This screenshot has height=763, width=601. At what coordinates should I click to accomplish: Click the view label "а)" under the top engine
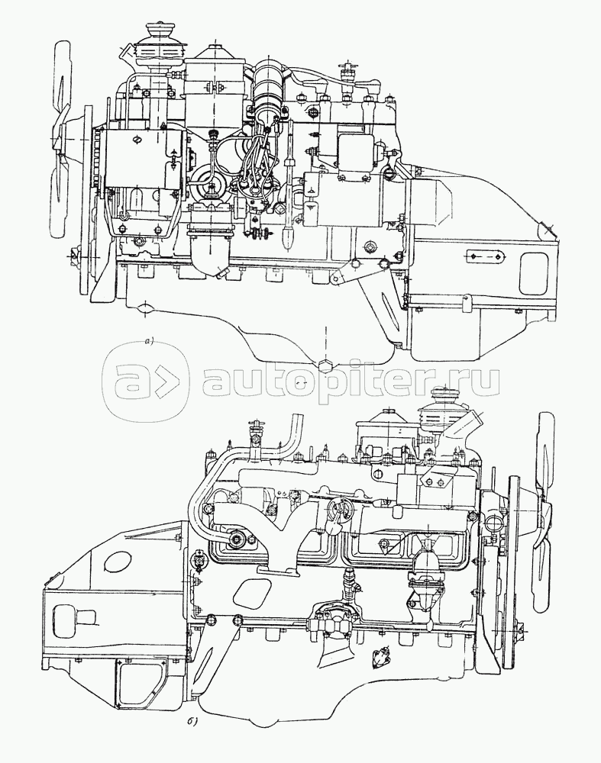pyautogui.click(x=149, y=341)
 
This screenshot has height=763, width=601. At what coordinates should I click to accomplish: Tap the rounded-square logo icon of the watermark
pyautogui.click(x=144, y=378)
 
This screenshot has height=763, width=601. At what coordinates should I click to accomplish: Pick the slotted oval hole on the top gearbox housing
pyautogui.click(x=485, y=255)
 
